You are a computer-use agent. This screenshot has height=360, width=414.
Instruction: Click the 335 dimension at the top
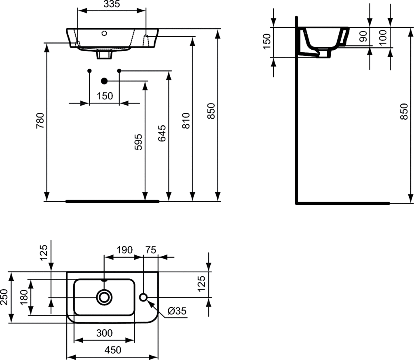[x=112, y=4]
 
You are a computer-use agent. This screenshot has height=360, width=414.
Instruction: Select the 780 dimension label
[x=40, y=121]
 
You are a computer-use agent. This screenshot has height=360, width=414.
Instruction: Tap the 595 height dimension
[x=138, y=142]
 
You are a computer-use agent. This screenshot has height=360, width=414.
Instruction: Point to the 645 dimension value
[x=162, y=133]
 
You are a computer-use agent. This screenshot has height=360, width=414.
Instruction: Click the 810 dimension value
[x=186, y=121]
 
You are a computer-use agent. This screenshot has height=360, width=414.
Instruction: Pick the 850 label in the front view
[x=211, y=111]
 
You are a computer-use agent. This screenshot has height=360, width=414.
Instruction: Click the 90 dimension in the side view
[x=363, y=36]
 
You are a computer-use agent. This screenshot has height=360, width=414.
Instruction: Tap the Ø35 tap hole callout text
[x=177, y=311]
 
